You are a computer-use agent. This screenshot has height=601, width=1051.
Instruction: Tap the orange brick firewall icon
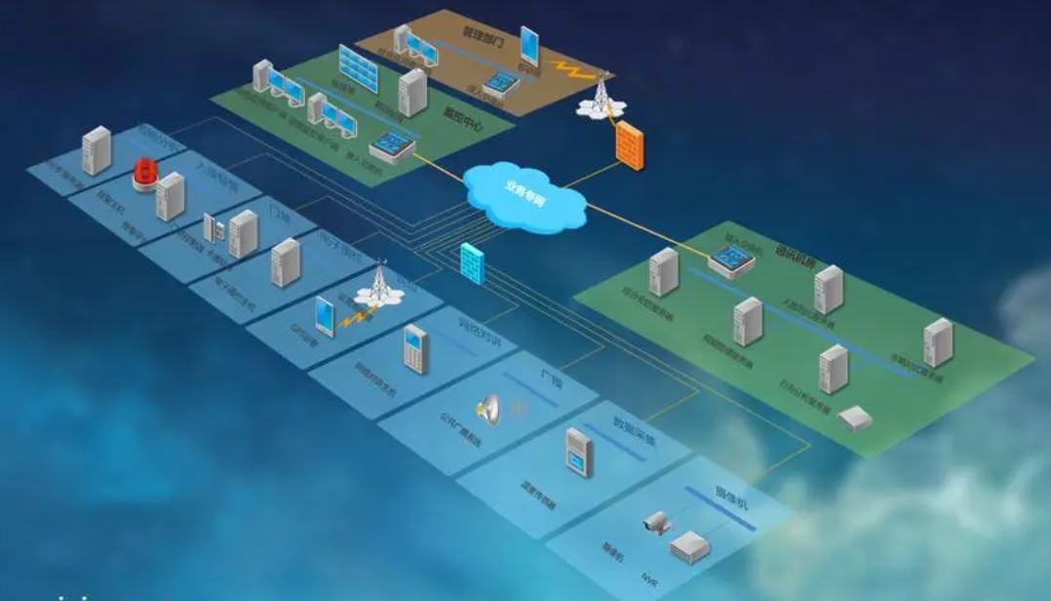[x=630, y=147]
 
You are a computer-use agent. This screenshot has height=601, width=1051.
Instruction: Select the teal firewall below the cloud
[x=472, y=260]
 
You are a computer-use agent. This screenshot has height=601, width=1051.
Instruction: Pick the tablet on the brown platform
[x=529, y=46]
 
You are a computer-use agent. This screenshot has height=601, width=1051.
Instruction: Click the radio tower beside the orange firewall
[x=597, y=93]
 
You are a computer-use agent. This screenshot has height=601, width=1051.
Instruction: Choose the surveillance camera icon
[x=656, y=524]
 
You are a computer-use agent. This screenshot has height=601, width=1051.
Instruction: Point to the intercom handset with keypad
[x=416, y=348]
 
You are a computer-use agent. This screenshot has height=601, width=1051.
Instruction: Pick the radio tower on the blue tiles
[x=378, y=283]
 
